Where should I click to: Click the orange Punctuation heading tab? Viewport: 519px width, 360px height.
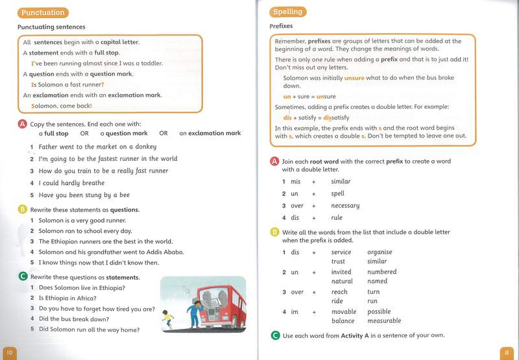click(43, 12)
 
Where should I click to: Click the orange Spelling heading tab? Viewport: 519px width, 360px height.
click(287, 12)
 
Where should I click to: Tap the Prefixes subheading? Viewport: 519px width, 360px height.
click(281, 27)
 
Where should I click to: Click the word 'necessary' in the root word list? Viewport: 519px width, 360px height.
click(345, 206)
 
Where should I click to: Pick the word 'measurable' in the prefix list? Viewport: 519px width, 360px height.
click(384, 321)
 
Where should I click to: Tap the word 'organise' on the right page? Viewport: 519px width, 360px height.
click(380, 252)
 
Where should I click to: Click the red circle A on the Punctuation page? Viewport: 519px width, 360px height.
click(23, 124)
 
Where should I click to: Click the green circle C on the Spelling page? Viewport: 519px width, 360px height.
click(274, 335)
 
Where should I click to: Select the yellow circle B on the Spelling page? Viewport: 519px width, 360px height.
click(274, 232)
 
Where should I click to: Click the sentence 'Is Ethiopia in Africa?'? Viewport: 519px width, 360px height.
click(67, 298)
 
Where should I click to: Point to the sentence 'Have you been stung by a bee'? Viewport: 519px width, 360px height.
click(84, 195)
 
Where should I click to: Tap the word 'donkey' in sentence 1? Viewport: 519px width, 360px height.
click(146, 147)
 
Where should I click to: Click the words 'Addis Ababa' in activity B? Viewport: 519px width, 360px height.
click(165, 252)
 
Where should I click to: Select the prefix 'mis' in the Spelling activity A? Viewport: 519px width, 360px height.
click(295, 182)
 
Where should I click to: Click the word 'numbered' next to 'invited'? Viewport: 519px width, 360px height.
click(381, 272)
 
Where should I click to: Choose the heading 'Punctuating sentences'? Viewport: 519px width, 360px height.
click(51, 27)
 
